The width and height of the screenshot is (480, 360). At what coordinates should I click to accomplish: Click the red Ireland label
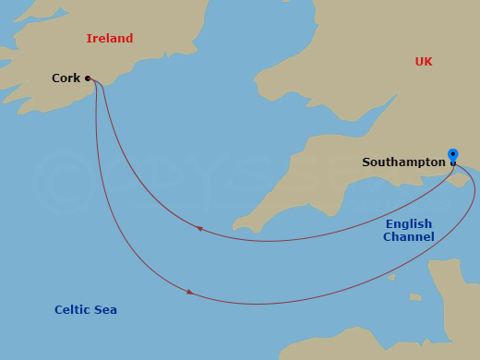click(109, 39)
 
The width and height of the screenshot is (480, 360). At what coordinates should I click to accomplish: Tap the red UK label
click(423, 62)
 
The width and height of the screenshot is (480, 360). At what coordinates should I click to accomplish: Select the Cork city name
click(66, 78)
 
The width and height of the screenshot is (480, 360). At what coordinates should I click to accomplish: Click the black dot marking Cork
click(88, 78)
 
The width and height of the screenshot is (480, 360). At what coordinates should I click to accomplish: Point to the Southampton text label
click(403, 162)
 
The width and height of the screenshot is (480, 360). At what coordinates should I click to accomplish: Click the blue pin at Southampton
click(452, 156)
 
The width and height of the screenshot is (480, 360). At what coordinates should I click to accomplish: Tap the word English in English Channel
click(409, 224)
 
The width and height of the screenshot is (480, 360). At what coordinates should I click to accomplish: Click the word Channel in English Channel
click(409, 237)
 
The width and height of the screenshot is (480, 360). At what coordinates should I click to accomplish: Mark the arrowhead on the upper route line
click(199, 229)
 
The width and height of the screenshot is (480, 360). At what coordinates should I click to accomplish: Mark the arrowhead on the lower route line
click(190, 292)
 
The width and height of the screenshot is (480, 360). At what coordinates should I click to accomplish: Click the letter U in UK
click(418, 62)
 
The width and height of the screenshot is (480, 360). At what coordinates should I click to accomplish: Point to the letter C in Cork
click(56, 78)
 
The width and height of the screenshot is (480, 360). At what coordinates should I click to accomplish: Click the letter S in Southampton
click(366, 162)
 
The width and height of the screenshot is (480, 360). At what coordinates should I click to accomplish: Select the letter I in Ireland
click(89, 39)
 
